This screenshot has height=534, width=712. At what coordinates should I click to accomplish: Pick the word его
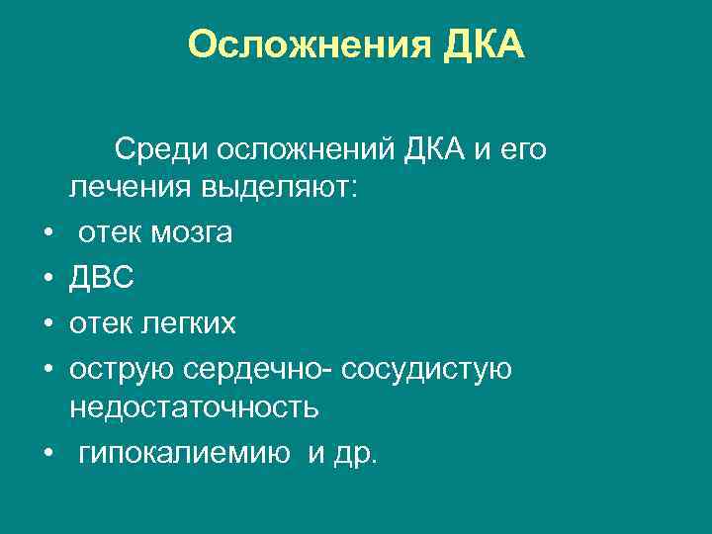click(x=522, y=150)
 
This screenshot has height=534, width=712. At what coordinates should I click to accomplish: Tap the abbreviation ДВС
click(x=102, y=279)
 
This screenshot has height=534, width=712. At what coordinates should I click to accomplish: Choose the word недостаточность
click(x=193, y=407)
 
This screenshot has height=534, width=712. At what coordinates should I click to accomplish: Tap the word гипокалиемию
click(x=184, y=454)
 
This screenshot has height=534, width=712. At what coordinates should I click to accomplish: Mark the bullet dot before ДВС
click(x=46, y=280)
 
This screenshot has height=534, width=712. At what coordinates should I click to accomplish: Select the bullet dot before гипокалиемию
click(x=46, y=455)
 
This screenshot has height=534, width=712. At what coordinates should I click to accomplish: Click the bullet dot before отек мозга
click(x=46, y=234)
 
